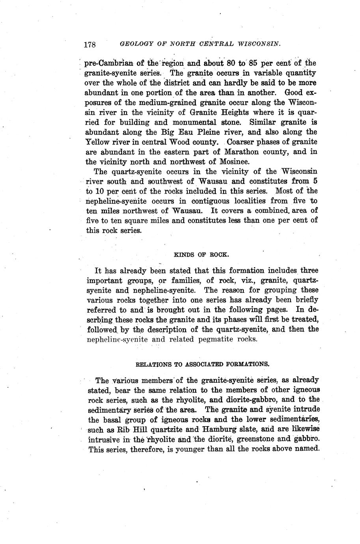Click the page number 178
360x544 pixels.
click(90, 44)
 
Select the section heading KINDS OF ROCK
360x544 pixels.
click(201, 254)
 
